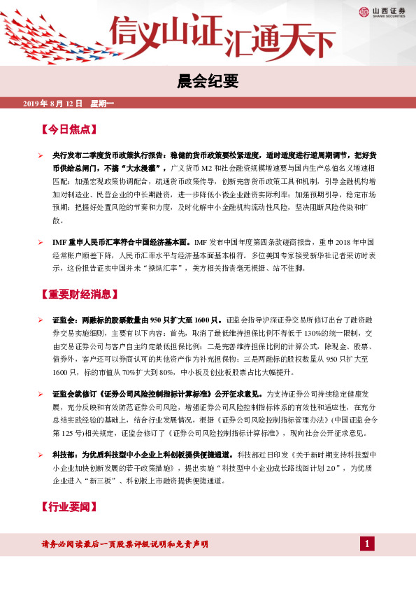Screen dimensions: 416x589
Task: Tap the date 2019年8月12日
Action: point(53,104)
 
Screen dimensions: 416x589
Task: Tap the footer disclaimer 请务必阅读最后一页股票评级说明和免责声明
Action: point(125,544)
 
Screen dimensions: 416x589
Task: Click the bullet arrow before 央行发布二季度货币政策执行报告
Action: point(41,155)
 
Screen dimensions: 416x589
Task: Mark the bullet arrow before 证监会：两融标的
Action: point(41,320)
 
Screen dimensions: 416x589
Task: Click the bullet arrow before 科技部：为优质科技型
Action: point(41,454)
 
